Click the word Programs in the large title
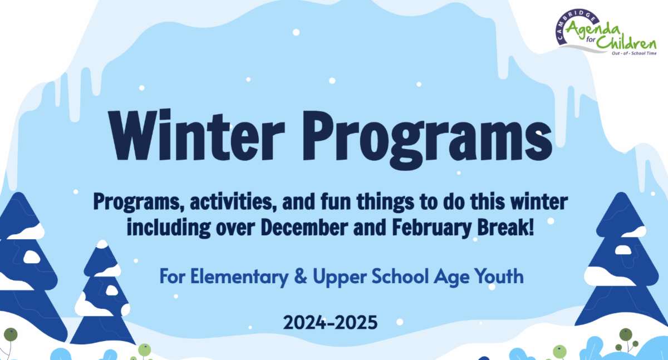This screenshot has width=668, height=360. (428, 140)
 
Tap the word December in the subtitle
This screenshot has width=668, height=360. (304, 228)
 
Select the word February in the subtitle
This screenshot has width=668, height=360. (432, 228)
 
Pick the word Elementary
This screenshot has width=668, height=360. (239, 277)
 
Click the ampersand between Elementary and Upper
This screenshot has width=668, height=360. (301, 276)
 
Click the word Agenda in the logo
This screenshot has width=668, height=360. (592, 31)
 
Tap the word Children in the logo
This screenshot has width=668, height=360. (626, 43)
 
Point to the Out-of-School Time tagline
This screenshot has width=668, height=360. (634, 53)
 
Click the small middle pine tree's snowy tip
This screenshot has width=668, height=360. (102, 244)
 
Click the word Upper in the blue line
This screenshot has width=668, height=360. (340, 277)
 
